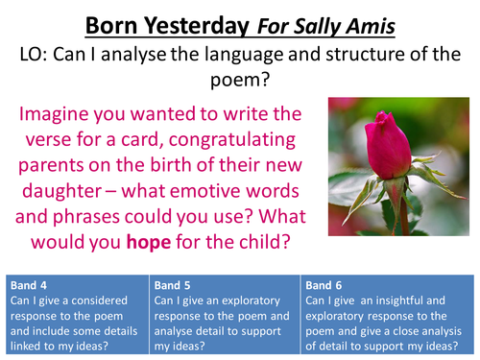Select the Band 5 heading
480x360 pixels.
pos(178,285)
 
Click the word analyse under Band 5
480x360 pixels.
pos(180,333)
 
